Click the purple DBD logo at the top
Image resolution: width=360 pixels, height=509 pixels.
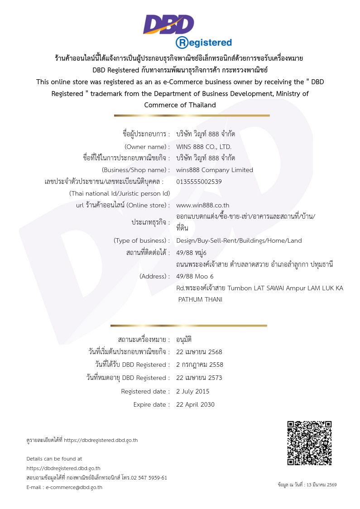click(x=168, y=24)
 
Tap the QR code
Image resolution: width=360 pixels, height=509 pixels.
click(x=310, y=443)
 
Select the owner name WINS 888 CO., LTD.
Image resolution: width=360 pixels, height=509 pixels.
click(x=204, y=147)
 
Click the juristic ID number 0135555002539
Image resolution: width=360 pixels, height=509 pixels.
click(x=199, y=182)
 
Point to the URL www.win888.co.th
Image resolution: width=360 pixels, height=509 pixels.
click(x=202, y=205)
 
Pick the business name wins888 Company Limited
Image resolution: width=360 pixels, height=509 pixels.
click(x=215, y=170)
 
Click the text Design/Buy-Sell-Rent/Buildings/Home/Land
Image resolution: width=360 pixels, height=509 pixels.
click(x=239, y=240)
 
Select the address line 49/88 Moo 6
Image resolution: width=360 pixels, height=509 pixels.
click(x=195, y=276)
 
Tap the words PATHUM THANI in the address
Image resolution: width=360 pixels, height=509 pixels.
click(x=200, y=299)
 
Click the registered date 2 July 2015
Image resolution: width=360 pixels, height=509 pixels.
click(x=193, y=391)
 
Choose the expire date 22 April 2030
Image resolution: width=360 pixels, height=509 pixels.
click(x=195, y=404)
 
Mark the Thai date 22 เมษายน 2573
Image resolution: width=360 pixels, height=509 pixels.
click(x=199, y=378)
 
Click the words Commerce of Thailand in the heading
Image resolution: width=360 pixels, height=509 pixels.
click(x=180, y=105)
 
